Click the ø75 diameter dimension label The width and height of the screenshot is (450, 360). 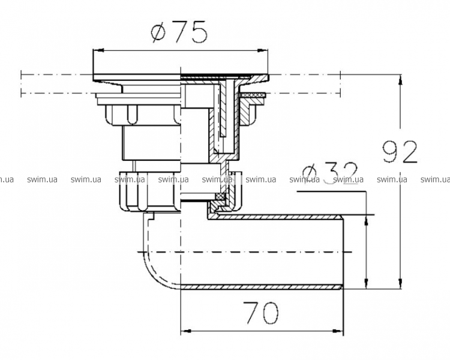click(179, 32)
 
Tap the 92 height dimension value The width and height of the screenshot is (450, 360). click(400, 152)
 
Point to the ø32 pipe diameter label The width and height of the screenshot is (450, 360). click(330, 173)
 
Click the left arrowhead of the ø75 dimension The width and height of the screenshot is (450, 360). click(98, 50)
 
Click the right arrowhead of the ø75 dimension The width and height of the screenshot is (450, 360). click(263, 50)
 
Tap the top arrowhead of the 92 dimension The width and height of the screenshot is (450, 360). click(401, 80)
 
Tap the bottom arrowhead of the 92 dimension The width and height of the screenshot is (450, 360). click(401, 283)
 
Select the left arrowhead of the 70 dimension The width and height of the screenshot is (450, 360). click(185, 331)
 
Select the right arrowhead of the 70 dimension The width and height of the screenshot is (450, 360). click(338, 331)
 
